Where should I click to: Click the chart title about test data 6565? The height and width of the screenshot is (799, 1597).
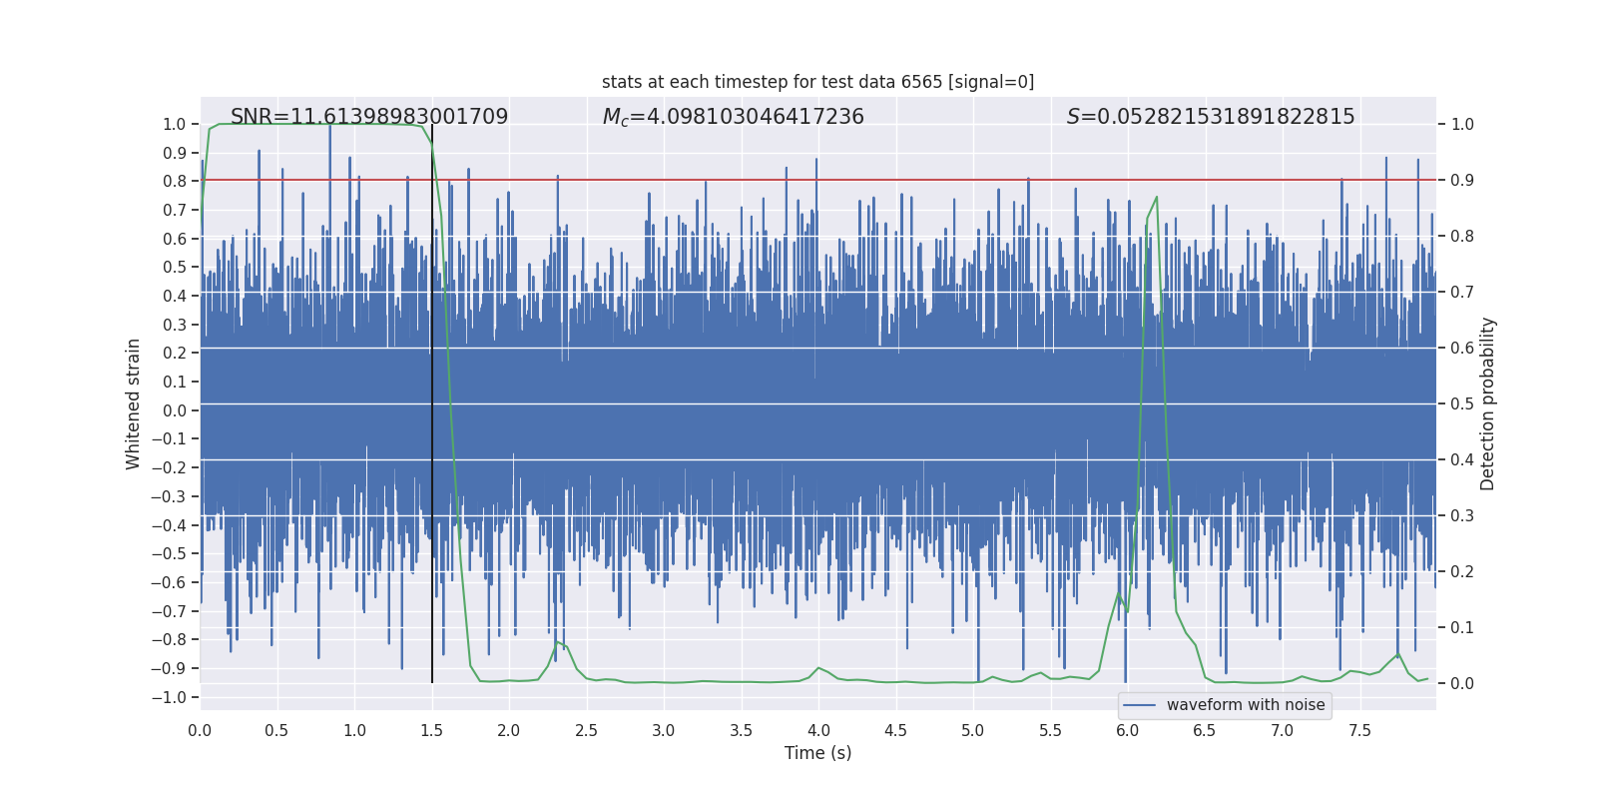tap(817, 82)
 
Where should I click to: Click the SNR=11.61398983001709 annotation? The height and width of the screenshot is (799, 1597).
tap(369, 117)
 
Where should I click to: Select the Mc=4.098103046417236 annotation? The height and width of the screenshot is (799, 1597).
tap(734, 117)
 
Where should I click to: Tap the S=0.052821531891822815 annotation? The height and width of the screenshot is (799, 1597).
tap(1211, 117)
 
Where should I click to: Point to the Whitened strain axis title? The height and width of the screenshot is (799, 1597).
tap(134, 403)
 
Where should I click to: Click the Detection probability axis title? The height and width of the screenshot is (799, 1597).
tap(1488, 403)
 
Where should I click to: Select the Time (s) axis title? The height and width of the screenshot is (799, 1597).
tap(817, 753)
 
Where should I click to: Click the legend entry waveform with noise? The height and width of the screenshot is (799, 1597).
tap(1245, 705)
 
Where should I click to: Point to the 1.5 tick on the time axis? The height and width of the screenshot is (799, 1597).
tap(432, 730)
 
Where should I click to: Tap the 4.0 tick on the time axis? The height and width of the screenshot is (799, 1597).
tap(818, 730)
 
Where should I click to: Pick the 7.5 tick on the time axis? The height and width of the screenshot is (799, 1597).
tap(1359, 730)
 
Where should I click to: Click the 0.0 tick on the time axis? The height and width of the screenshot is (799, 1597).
tap(200, 730)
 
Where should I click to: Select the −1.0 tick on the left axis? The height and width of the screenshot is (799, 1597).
tap(174, 697)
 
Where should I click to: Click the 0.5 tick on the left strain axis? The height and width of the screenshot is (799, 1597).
tap(175, 267)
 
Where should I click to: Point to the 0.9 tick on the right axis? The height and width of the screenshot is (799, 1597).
tap(1462, 181)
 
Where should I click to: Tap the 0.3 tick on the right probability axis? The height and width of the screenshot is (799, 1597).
tap(1462, 516)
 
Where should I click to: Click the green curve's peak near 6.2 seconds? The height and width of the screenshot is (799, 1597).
tap(1157, 197)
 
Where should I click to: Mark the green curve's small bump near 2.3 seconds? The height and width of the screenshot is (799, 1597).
tap(557, 642)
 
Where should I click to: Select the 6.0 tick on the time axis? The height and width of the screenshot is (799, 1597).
tap(1128, 730)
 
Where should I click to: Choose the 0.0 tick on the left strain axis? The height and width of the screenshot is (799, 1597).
tap(175, 410)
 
